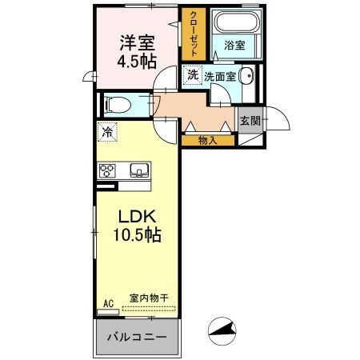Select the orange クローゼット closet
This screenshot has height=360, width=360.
click(193, 34)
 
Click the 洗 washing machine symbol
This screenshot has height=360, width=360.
click(192, 74)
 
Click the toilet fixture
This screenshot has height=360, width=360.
click(117, 103)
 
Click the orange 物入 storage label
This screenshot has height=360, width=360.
click(207, 141)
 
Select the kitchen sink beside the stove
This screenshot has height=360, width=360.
click(138, 170)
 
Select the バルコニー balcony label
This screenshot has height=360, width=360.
click(138, 337)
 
